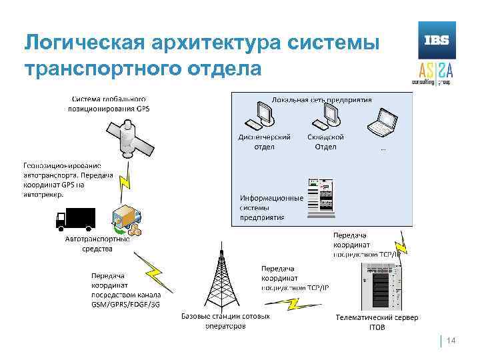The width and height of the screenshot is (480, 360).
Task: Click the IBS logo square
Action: pos(433,40)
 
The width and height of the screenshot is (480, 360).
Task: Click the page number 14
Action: pos(451,341)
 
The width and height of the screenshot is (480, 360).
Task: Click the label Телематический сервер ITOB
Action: pos(377,322)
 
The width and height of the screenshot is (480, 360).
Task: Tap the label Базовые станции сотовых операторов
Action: pos(225,321)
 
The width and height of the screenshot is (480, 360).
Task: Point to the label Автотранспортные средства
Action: pos(97,243)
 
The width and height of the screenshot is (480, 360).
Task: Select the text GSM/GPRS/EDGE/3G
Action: pos(126,304)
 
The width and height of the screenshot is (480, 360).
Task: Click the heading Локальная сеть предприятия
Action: pos(321,99)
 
